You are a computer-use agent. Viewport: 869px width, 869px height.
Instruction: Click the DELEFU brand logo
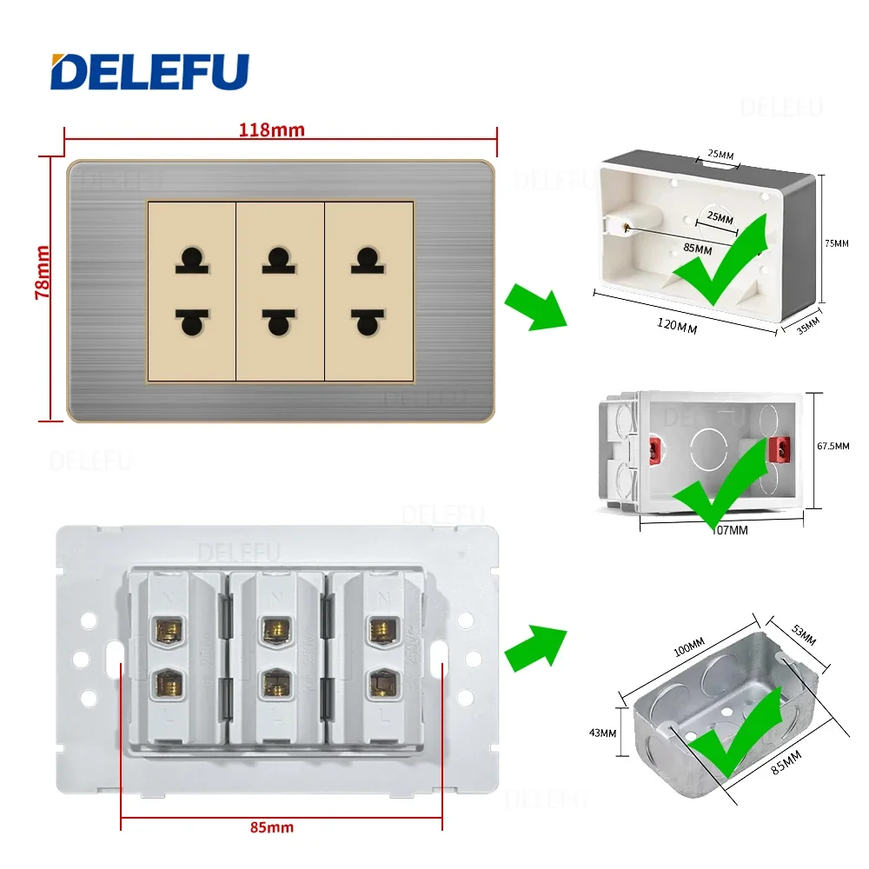click(x=149, y=71)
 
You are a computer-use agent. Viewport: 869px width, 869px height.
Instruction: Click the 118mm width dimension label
click(x=272, y=130)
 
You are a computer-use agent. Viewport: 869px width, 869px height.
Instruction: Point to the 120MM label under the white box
click(x=677, y=328)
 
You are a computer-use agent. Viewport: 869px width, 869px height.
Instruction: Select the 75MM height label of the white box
click(x=836, y=244)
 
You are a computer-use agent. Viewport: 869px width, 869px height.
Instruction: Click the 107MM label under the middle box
click(x=727, y=529)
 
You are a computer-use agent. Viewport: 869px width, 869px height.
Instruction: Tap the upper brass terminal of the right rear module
click(x=378, y=628)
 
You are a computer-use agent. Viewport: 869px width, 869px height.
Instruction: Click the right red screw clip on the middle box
click(x=783, y=447)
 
